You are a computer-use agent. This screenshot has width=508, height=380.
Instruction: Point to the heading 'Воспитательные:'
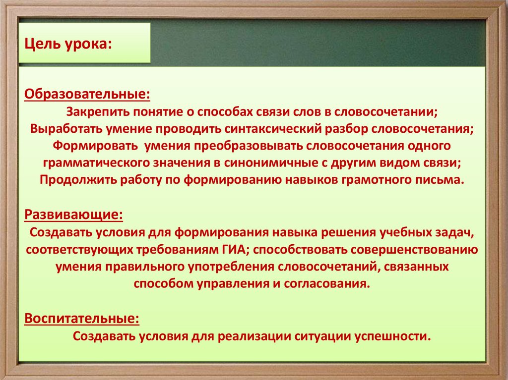point(81,318)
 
